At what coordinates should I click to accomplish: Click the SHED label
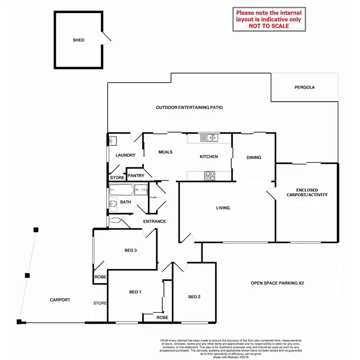click(78, 40)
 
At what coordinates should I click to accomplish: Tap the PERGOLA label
click(305, 87)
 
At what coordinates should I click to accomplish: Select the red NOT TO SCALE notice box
click(269, 19)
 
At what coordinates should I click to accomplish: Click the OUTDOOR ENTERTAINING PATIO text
click(189, 108)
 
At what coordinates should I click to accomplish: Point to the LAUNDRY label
click(126, 155)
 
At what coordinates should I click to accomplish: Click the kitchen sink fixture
click(210, 138)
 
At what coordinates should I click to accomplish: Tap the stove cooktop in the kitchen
click(210, 176)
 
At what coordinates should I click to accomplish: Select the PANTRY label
click(136, 176)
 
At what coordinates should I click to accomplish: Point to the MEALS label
click(165, 152)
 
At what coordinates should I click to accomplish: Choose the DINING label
click(254, 157)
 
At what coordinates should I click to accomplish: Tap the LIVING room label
click(223, 208)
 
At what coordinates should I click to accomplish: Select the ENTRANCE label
click(155, 221)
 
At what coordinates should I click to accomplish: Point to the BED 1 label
click(135, 292)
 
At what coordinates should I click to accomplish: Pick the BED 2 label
click(194, 297)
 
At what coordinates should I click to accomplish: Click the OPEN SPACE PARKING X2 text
click(277, 283)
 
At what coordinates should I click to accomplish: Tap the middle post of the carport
click(27, 276)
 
